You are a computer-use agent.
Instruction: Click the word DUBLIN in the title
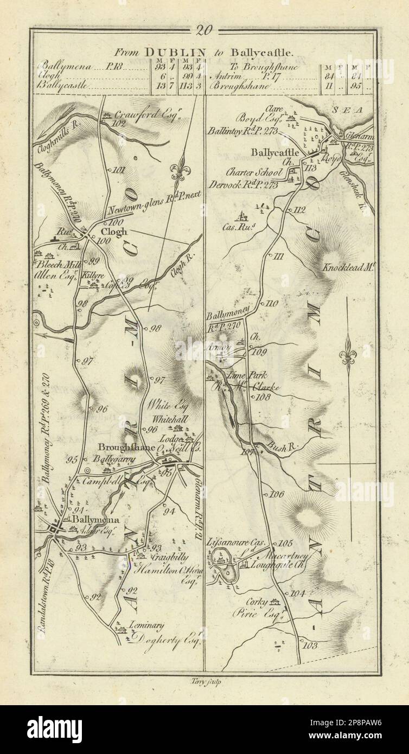167,53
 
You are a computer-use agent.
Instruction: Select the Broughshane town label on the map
127,448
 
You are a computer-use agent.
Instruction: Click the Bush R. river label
282,449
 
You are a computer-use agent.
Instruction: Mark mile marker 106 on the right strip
277,494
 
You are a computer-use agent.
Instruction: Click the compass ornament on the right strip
347,356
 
